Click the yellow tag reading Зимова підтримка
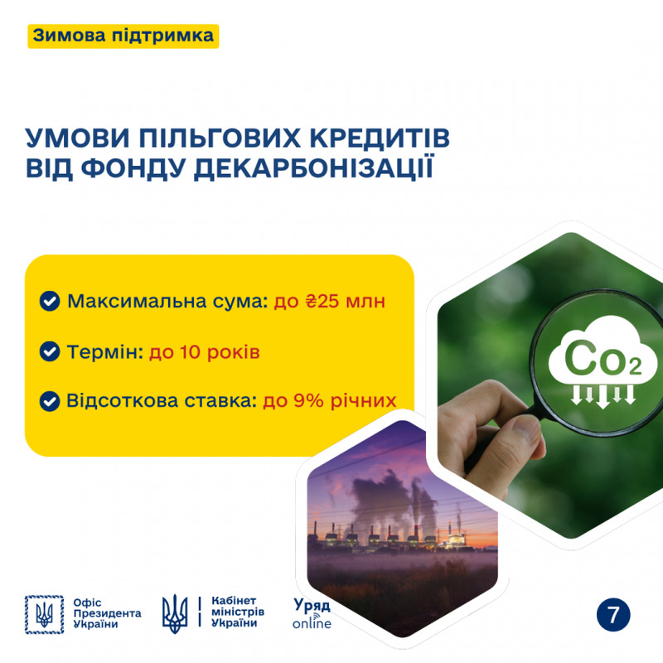point(123,36)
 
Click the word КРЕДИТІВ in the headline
point(380,138)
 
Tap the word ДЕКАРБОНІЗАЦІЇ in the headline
point(314,168)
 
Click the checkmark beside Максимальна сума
point(50,301)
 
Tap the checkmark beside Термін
point(50,351)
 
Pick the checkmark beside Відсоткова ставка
point(50,401)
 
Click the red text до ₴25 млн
point(329,302)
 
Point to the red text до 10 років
point(204,352)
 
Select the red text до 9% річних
point(330,401)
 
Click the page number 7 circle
point(613,615)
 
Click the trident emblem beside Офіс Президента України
point(44,615)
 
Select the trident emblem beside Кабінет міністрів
point(175,613)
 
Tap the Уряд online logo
point(312,613)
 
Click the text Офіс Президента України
point(107,613)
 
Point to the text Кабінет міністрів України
point(238,612)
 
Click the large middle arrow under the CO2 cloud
point(603,396)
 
